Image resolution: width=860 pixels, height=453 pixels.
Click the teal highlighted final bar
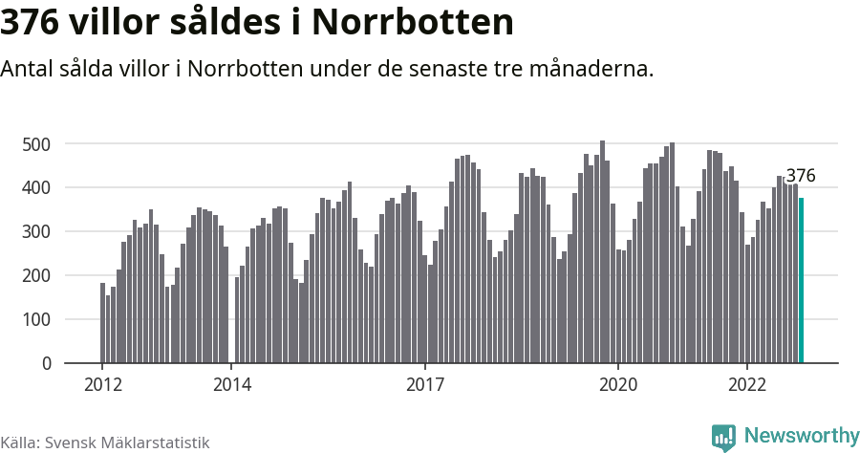click(x=802, y=281)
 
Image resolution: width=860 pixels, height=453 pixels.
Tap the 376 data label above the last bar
click(x=801, y=176)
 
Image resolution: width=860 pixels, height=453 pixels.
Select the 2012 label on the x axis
click(x=102, y=384)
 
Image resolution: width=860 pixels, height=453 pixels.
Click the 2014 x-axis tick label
click(x=231, y=384)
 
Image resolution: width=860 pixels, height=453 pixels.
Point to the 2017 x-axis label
click(x=425, y=384)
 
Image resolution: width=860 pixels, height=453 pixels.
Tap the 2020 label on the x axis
click(x=618, y=384)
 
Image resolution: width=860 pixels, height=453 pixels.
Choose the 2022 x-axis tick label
click(x=747, y=384)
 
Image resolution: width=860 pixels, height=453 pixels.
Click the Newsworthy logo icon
click(x=723, y=437)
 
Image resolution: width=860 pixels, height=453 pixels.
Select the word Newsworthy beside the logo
click(x=801, y=436)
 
